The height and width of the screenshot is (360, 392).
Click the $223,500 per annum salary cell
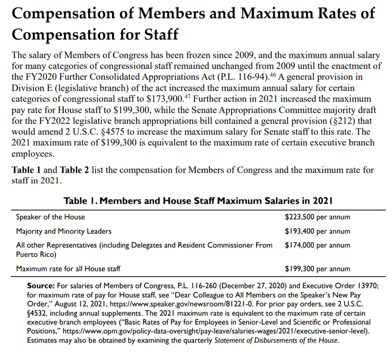317,217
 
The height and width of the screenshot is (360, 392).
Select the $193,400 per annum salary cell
317,231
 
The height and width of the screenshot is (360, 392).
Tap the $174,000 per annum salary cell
317,245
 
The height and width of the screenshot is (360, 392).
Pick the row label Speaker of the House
50,217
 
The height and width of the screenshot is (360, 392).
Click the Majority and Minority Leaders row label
64,231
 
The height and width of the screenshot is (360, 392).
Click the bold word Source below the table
41,287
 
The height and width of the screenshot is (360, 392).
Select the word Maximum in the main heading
267,14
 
